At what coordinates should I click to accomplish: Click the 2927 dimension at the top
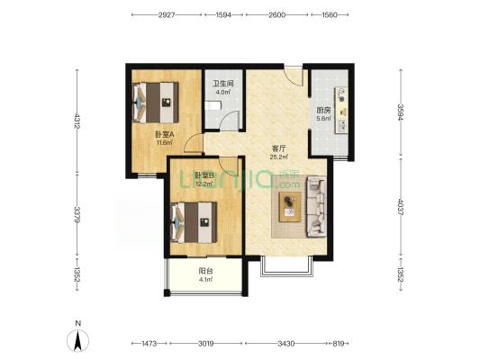pyautogui.click(x=167, y=15)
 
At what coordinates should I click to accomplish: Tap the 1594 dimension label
pyautogui.click(x=223, y=15)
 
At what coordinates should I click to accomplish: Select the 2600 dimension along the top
pyautogui.click(x=277, y=15)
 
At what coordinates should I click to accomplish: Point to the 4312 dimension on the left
pyautogui.click(x=77, y=121)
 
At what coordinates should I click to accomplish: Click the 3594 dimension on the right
pyautogui.click(x=401, y=112)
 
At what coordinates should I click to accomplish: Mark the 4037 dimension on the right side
pyautogui.click(x=401, y=206)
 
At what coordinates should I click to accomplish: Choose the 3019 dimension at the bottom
pyautogui.click(x=205, y=344)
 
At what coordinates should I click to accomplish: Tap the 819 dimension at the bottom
pyautogui.click(x=339, y=344)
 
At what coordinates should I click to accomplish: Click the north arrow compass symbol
pyautogui.click(x=78, y=340)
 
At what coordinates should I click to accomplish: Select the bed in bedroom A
pyautogui.click(x=155, y=103)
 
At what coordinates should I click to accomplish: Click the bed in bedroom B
pyautogui.click(x=194, y=222)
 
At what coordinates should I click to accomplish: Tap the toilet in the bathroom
pyautogui.click(x=213, y=106)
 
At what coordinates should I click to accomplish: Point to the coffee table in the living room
pyautogui.click(x=290, y=207)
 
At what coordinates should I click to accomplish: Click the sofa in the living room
pyautogui.click(x=316, y=206)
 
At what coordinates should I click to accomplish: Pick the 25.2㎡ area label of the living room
pyautogui.click(x=278, y=157)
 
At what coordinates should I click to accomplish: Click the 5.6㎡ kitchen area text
pyautogui.click(x=323, y=119)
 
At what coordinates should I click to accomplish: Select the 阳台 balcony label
pyautogui.click(x=205, y=271)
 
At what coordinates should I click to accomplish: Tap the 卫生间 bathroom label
pyautogui.click(x=223, y=83)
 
